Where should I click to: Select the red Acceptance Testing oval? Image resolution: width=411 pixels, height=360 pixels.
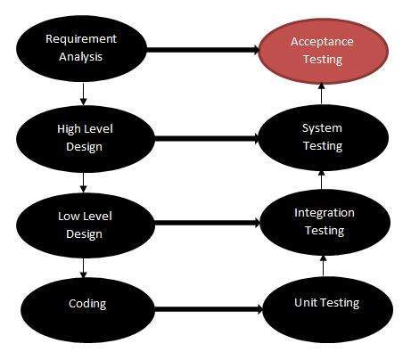[x=321, y=50]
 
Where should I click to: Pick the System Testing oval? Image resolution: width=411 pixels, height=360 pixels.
[x=322, y=137]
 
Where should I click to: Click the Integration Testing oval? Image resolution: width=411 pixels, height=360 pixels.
[x=324, y=221]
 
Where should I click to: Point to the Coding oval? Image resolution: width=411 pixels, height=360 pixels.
[x=88, y=304]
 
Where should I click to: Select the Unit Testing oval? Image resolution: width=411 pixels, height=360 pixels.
[x=325, y=303]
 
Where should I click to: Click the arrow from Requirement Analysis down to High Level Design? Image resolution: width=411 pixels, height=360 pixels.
[x=82, y=93]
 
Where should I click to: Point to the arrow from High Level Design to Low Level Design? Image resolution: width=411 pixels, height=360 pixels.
[x=82, y=181]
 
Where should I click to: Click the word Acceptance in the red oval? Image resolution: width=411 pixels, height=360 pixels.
[x=321, y=43]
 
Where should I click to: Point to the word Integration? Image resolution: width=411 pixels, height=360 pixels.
[x=324, y=213]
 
